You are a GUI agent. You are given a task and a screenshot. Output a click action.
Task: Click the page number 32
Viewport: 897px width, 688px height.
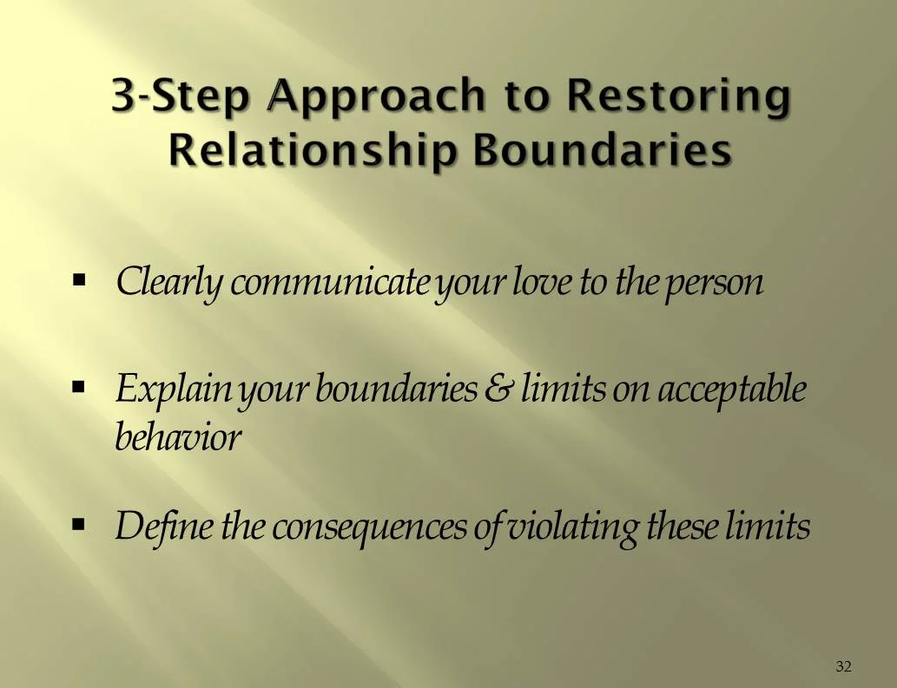pyautogui.click(x=843, y=666)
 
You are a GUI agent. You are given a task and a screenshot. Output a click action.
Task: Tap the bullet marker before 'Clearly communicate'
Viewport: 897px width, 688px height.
pyautogui.click(x=80, y=281)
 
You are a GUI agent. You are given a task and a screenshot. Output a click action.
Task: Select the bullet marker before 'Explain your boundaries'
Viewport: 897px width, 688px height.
pyautogui.click(x=80, y=383)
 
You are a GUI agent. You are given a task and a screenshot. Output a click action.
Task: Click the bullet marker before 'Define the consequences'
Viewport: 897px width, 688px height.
pyautogui.click(x=80, y=524)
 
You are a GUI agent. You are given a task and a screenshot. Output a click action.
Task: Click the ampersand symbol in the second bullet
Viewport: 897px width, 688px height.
pyautogui.click(x=498, y=390)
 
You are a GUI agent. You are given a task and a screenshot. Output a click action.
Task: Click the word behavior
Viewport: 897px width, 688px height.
pyautogui.click(x=177, y=438)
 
